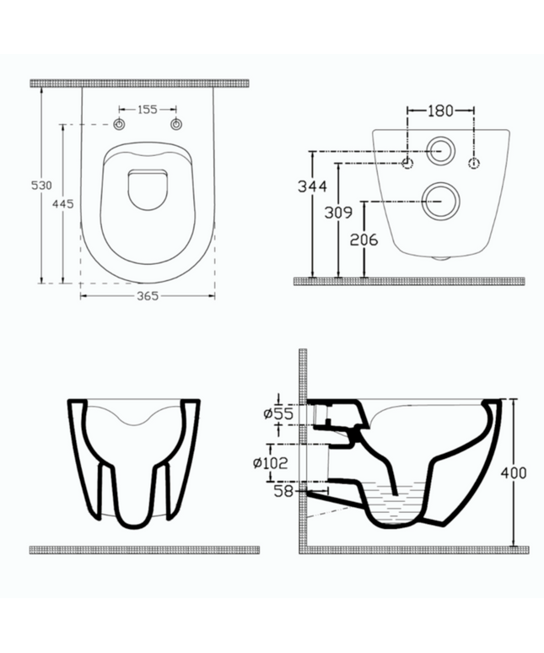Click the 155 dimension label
coord(148,110)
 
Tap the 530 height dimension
coord(42,185)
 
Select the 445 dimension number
coord(63,203)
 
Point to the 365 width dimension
coord(148,295)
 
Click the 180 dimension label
coord(440,111)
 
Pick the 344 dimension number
coord(312,186)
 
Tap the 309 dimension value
coord(338,213)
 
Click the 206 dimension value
coord(364,240)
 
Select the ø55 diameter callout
coord(278,413)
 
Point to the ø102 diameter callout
coord(270,462)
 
